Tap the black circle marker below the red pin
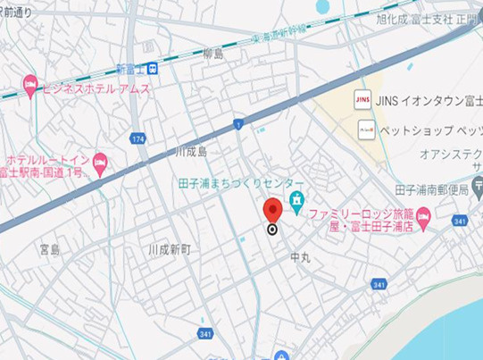click(273, 229)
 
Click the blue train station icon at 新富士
click(154, 69)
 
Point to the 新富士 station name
click(130, 69)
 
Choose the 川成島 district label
click(190, 152)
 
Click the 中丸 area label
click(300, 256)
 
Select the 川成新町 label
click(169, 250)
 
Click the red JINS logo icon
click(363, 97)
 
